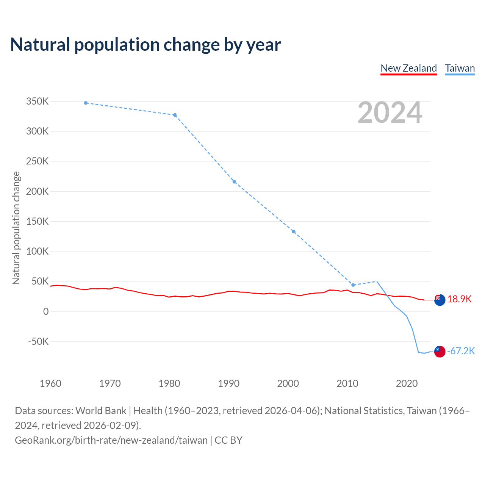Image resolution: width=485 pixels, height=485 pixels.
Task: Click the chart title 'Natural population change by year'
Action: tap(145, 44)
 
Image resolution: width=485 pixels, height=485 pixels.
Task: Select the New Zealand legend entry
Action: tap(408, 68)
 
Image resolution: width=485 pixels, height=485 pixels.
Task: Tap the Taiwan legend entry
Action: tap(460, 68)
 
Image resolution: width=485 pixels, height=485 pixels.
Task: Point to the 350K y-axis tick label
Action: tap(37, 102)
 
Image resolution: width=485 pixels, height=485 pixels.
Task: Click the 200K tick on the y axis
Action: tap(37, 191)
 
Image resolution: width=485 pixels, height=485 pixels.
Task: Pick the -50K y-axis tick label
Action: tap(38, 341)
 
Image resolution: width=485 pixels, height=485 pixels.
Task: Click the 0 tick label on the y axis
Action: tap(46, 311)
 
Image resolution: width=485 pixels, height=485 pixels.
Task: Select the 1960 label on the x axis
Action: tap(50, 383)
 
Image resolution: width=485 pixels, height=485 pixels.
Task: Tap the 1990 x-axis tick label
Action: tap(228, 383)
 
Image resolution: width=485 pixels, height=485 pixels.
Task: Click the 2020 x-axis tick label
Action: tap(407, 383)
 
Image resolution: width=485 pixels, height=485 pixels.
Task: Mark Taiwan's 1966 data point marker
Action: tap(86, 103)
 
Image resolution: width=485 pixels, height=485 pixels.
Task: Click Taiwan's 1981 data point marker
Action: tap(175, 115)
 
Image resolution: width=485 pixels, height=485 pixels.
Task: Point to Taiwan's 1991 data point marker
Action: tap(234, 182)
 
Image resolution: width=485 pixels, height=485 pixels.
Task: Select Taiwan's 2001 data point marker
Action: tap(294, 232)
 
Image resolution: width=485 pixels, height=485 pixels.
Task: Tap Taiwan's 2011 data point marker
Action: tap(353, 285)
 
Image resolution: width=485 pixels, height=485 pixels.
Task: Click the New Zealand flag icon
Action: tap(440, 300)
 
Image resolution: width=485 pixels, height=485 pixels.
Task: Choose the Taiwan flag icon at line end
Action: tap(440, 352)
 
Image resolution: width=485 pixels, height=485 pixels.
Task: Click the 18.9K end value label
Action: tap(459, 299)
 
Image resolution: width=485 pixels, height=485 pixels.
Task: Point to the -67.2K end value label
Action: tap(461, 351)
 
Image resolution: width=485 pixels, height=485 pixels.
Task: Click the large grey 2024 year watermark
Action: tap(390, 113)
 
